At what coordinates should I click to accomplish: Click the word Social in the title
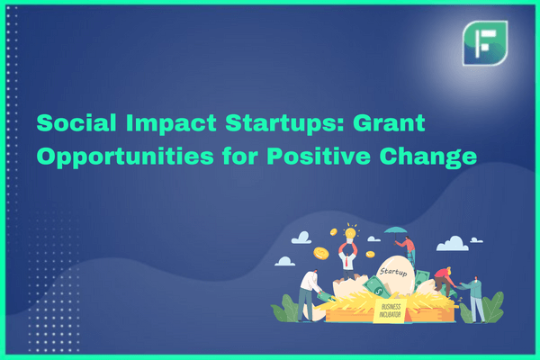pyautogui.click(x=76, y=122)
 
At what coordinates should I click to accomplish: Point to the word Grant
pyautogui.click(x=389, y=122)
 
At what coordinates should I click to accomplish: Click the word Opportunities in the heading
pyautogui.click(x=125, y=157)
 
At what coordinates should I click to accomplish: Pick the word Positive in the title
pyautogui.click(x=319, y=156)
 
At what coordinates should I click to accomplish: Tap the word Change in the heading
pyautogui.click(x=428, y=157)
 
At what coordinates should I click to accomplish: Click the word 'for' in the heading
pyautogui.click(x=240, y=156)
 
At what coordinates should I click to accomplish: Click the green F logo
pyautogui.click(x=485, y=43)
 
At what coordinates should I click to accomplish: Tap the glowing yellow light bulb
pyautogui.click(x=350, y=233)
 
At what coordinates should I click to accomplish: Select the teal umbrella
pyautogui.click(x=395, y=230)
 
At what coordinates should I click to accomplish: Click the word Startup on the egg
pyautogui.click(x=393, y=272)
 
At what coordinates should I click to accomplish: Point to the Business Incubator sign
pyautogui.click(x=390, y=311)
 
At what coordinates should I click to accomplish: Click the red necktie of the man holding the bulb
pyautogui.click(x=346, y=261)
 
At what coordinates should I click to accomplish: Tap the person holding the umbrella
pyautogui.click(x=408, y=251)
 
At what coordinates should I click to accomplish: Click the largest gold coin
pyautogui.click(x=321, y=254)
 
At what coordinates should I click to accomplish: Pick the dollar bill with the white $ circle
pyautogui.click(x=376, y=287)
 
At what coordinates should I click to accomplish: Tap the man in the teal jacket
pyautogui.click(x=474, y=298)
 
